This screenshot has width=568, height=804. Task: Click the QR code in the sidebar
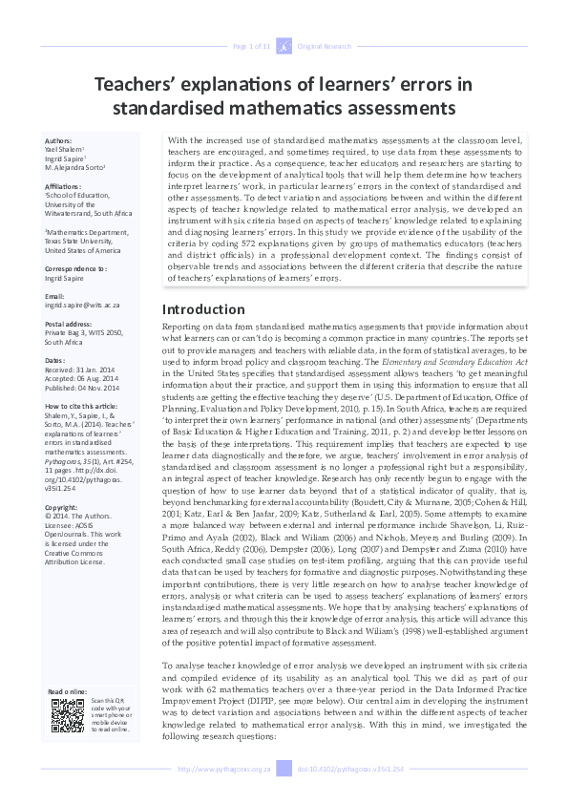click(x=67, y=715)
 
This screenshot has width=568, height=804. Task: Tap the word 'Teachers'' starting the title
click(x=133, y=84)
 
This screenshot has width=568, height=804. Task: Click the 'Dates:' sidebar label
click(x=56, y=360)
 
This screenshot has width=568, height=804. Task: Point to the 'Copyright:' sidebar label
click(x=62, y=507)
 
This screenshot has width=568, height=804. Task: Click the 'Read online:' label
click(x=68, y=690)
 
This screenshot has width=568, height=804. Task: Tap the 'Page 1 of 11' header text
click(x=253, y=46)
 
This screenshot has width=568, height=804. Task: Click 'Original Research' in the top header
click(x=325, y=46)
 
